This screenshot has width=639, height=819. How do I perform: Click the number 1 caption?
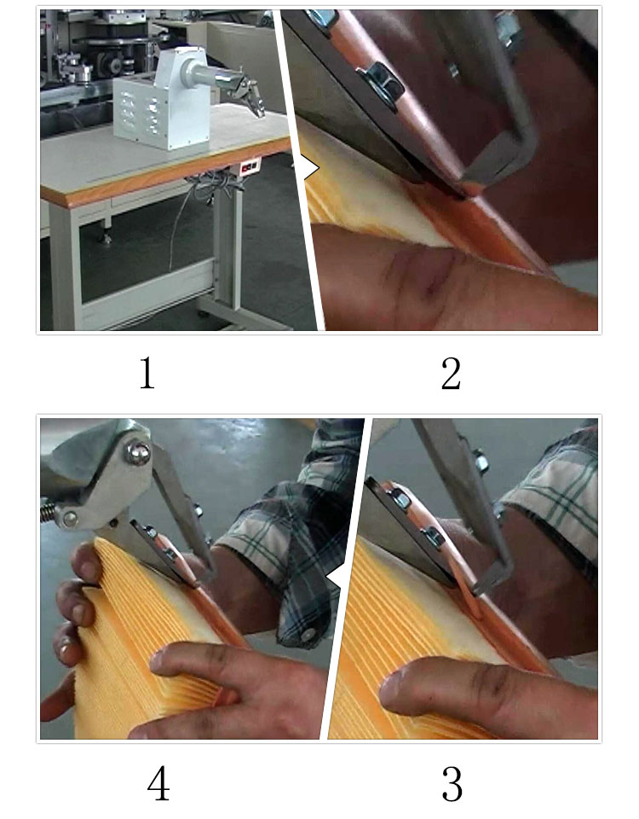click(147, 374)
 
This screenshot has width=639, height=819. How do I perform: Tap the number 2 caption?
click(451, 374)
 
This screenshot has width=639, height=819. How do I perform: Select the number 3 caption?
click(452, 783)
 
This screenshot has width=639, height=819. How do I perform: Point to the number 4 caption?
click(158, 783)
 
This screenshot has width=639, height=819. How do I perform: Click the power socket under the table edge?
click(250, 169)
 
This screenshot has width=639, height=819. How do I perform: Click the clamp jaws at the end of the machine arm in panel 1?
click(253, 97)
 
